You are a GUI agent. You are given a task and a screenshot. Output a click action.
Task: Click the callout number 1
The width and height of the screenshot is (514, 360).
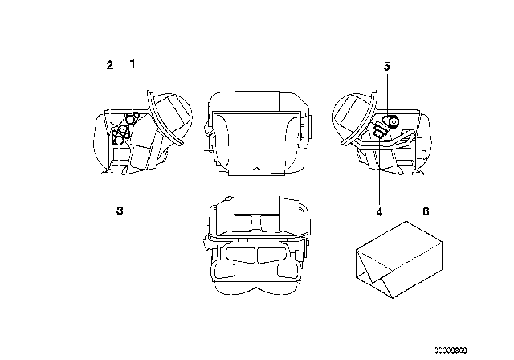pos(133,62)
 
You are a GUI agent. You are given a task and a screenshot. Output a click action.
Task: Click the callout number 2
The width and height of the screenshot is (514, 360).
pos(110,65)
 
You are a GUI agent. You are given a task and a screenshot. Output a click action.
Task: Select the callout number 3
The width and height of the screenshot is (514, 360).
pos(119,211)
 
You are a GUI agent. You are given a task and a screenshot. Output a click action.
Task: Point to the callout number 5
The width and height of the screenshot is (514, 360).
pos(386,67)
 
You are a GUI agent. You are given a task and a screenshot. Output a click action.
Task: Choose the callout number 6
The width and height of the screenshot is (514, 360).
pos(426,211)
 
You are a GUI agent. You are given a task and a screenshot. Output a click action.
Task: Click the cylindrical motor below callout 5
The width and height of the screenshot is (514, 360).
pos(393,122)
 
